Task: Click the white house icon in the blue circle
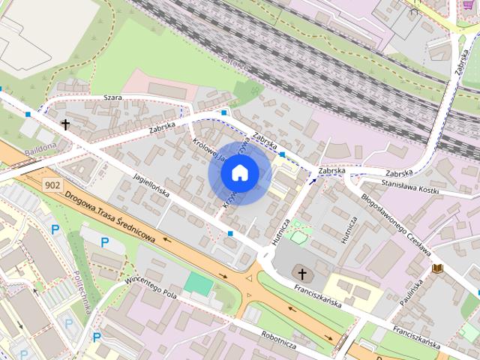tap(239, 173)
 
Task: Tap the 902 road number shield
tap(52, 184)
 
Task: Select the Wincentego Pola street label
tap(151, 287)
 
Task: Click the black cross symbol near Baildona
tap(65, 124)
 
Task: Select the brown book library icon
tap(438, 268)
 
